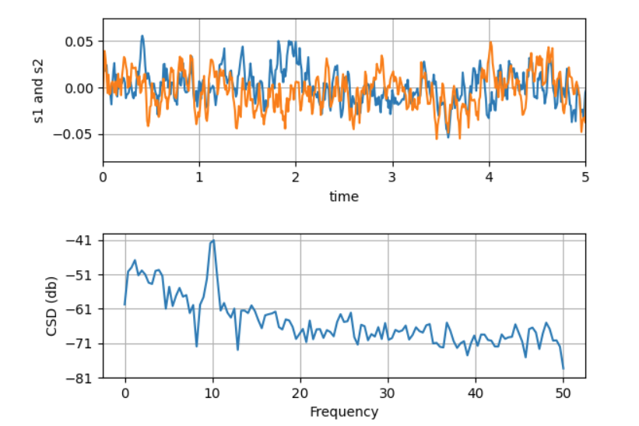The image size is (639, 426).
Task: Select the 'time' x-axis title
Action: pyautogui.click(x=343, y=197)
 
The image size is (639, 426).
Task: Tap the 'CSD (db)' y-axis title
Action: pyautogui.click(x=52, y=309)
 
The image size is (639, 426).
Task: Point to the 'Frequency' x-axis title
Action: pyautogui.click(x=343, y=412)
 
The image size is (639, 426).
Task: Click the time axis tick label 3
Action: pyautogui.click(x=392, y=177)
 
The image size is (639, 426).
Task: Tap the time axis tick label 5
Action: pyautogui.click(x=585, y=177)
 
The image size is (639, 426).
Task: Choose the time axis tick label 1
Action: pyautogui.click(x=199, y=177)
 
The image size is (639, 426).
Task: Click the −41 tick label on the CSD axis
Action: pyautogui.click(x=83, y=241)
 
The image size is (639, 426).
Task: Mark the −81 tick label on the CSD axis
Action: pyautogui.click(x=83, y=378)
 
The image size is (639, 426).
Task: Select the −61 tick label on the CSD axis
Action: pyautogui.click(x=83, y=309)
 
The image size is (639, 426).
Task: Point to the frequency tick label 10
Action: pyautogui.click(x=212, y=393)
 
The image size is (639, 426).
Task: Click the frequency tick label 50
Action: pyautogui.click(x=563, y=393)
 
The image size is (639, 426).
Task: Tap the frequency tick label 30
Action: pyautogui.click(x=388, y=393)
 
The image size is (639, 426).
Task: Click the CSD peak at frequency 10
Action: pyautogui.click(x=212, y=241)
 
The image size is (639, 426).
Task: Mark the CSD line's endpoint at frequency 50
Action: pyautogui.click(x=563, y=368)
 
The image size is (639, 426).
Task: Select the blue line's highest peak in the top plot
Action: pyautogui.click(x=142, y=35)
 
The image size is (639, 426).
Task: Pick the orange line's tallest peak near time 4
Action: pyautogui.click(x=491, y=43)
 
